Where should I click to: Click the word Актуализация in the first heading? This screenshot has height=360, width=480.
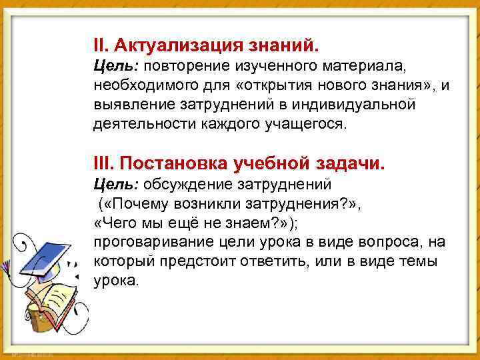click(179, 45)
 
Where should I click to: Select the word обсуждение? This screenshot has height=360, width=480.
click(180, 183)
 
